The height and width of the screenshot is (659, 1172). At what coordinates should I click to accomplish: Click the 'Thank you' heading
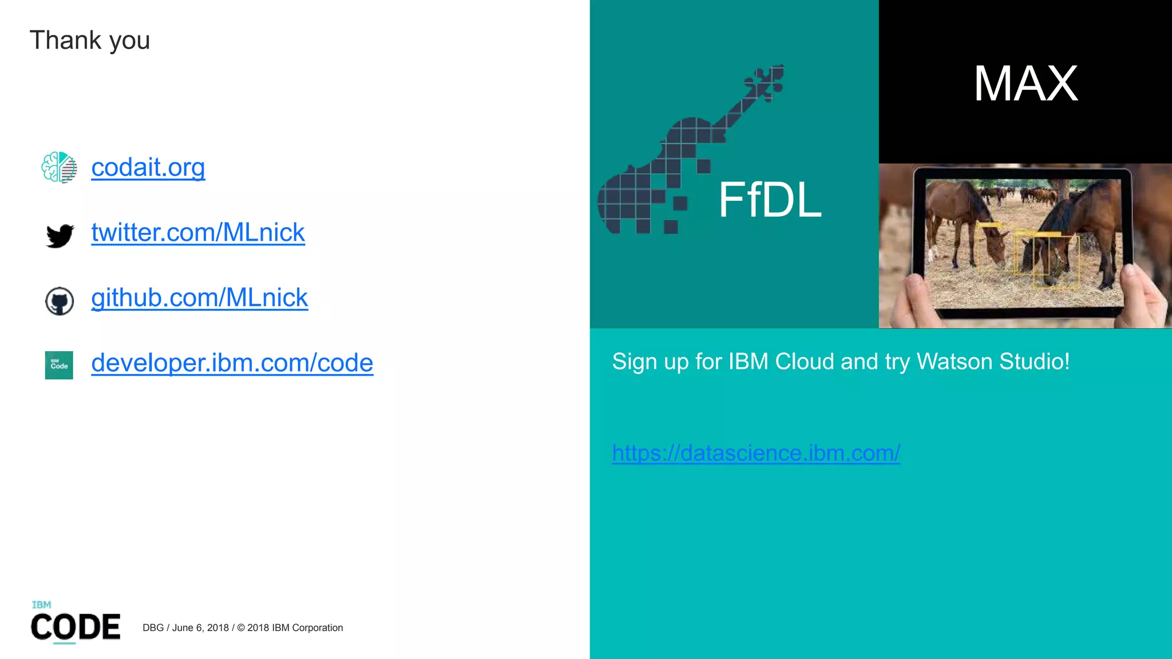[90, 41]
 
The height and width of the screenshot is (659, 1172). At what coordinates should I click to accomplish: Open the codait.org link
[148, 167]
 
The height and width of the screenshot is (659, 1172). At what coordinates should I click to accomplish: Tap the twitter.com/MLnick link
[198, 232]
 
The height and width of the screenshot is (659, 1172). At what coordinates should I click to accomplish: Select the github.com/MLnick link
[200, 297]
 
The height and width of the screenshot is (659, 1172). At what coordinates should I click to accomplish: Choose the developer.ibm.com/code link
[232, 363]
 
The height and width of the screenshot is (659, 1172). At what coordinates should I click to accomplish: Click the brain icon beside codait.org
[59, 167]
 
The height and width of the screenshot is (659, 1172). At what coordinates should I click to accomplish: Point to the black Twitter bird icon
[60, 235]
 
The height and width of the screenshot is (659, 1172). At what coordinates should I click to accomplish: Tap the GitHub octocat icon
[60, 301]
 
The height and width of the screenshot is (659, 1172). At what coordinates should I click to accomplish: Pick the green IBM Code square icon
[59, 365]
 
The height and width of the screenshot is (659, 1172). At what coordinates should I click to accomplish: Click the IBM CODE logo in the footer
[76, 624]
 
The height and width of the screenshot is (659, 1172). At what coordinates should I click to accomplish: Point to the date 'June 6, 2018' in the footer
[200, 628]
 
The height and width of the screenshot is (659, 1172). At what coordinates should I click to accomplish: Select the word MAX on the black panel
[1025, 84]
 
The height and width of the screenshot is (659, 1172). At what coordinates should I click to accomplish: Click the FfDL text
[770, 200]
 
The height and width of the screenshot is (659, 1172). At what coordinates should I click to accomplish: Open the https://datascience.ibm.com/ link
[756, 453]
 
